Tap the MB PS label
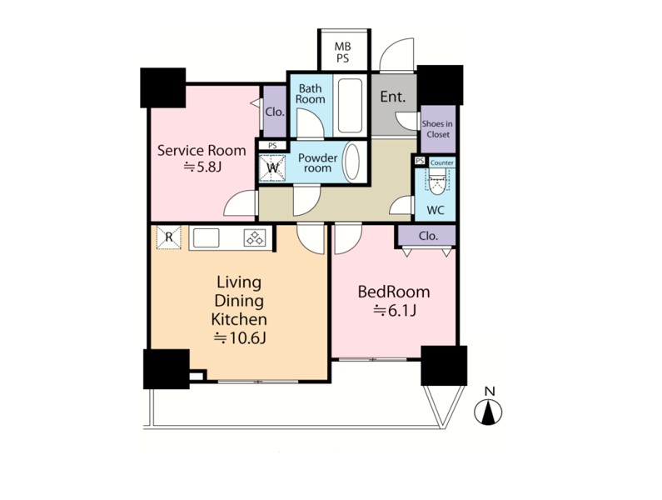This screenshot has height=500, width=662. (343, 52)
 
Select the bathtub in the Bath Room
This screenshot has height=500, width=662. (350, 106)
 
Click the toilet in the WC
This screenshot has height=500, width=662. (437, 182)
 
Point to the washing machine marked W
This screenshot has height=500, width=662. (272, 167)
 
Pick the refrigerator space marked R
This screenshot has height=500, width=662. (169, 237)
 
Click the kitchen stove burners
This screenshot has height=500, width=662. (255, 237)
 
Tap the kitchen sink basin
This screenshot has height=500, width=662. (206, 237)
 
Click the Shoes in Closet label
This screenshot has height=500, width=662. (438, 129)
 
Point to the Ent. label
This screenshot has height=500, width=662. (393, 97)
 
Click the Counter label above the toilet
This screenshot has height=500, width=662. (442, 162)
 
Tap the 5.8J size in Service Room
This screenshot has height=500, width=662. (202, 167)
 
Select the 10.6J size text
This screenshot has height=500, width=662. (239, 337)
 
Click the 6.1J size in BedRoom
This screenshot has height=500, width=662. (395, 311)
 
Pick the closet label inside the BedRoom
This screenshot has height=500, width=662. (428, 236)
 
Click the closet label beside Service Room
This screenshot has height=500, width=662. (275, 112)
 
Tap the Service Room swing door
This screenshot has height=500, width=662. (240, 203)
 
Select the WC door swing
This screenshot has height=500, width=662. (401, 205)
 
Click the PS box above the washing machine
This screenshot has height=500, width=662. (273, 145)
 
